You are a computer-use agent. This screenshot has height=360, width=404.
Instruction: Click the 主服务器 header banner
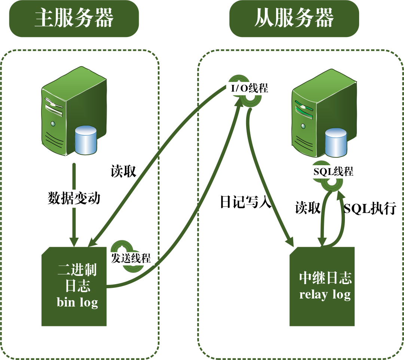74,19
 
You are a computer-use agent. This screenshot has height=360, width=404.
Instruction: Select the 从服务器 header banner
294,19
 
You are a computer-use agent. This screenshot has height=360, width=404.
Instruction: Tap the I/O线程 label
250,88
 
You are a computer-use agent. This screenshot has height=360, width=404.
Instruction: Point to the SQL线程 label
333,172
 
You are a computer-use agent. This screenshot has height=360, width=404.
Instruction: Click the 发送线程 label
131,258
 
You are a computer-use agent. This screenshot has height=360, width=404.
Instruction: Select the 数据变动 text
74,198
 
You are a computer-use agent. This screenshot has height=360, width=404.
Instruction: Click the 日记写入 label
246,202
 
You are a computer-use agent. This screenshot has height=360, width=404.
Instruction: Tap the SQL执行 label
370,208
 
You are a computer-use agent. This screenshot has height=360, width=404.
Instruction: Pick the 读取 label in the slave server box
307,207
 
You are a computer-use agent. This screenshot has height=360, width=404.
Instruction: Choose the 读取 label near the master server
123,171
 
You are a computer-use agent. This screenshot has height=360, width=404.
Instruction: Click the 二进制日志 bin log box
74,286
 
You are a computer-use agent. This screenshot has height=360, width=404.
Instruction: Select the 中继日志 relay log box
322,286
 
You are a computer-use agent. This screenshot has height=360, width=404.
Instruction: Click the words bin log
77,302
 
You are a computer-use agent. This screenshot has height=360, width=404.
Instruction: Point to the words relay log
325,295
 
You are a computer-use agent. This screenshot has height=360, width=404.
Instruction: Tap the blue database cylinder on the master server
86,140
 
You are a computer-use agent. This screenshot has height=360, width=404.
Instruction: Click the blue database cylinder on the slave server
336,143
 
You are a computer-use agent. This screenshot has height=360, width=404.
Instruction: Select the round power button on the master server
53,124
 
